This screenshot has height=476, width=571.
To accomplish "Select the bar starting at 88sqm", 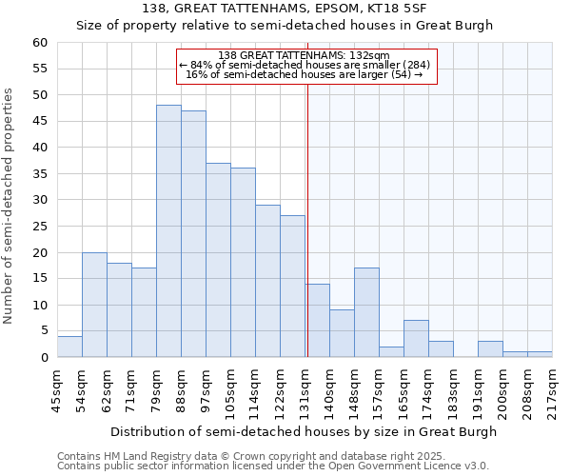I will (193, 234).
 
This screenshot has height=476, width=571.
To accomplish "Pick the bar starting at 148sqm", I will (366, 312).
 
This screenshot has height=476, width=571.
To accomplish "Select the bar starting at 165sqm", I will (416, 339).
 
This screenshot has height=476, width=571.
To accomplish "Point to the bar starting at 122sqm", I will (292, 287).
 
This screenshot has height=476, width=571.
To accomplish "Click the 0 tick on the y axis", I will (44, 358).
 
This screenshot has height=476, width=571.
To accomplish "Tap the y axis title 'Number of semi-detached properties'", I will (10, 206).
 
